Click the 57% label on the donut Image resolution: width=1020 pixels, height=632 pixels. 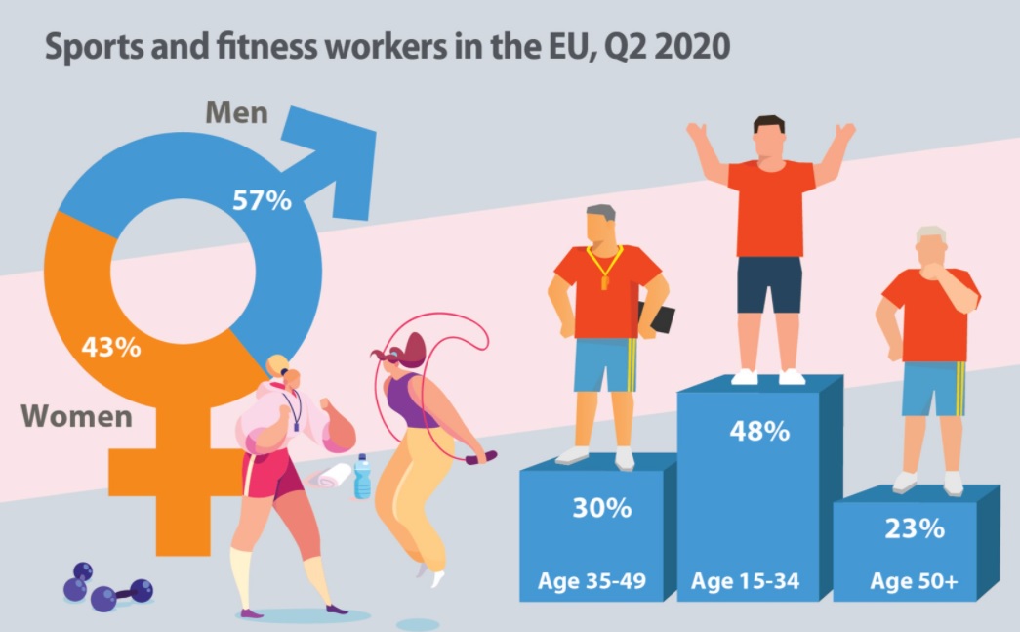pos(262,200)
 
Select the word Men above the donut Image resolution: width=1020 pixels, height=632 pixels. pos(236,112)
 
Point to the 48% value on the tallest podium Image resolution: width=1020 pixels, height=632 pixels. pos(759,432)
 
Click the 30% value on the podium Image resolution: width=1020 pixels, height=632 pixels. pos(601,509)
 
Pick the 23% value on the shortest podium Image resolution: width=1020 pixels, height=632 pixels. pos(915,529)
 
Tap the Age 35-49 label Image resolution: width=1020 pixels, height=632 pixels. pos(592,584)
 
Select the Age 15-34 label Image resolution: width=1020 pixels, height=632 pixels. pos(746,584)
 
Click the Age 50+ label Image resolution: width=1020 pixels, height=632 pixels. pos(914,584)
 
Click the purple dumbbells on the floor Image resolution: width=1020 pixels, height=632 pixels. pos(105,587)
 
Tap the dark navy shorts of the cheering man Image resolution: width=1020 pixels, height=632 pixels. pos(769,284)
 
